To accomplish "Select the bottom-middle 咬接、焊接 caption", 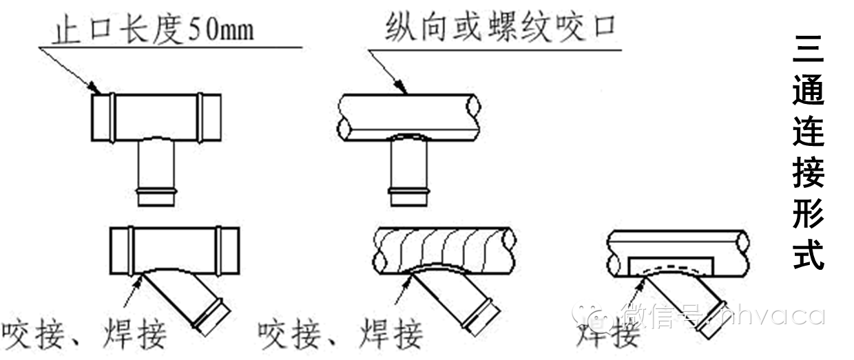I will (x=341, y=335).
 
